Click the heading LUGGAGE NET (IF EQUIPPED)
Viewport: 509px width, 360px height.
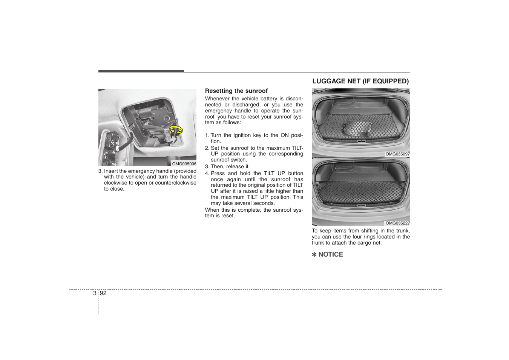tap(360, 81)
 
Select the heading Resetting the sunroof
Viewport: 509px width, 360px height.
tap(236, 91)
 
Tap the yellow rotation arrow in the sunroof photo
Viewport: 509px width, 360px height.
tap(176, 130)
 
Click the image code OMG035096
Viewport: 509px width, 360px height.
tap(184, 164)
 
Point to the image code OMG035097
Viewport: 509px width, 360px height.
tap(397, 154)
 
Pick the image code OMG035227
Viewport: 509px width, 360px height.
tap(397, 223)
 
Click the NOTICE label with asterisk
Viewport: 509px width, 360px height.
tap(327, 254)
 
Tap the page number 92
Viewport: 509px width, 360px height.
tap(103, 293)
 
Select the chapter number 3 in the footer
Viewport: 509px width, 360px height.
tap(95, 293)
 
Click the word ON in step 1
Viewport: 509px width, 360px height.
tap(284, 135)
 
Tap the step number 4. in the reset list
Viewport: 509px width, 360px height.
tap(207, 173)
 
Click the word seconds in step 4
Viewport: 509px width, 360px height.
tap(265, 203)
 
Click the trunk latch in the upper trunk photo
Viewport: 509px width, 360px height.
tap(361, 141)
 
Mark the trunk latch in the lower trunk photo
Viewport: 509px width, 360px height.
tap(361, 206)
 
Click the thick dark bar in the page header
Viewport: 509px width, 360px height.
tap(141, 71)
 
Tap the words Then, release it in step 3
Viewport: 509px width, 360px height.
tap(230, 166)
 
